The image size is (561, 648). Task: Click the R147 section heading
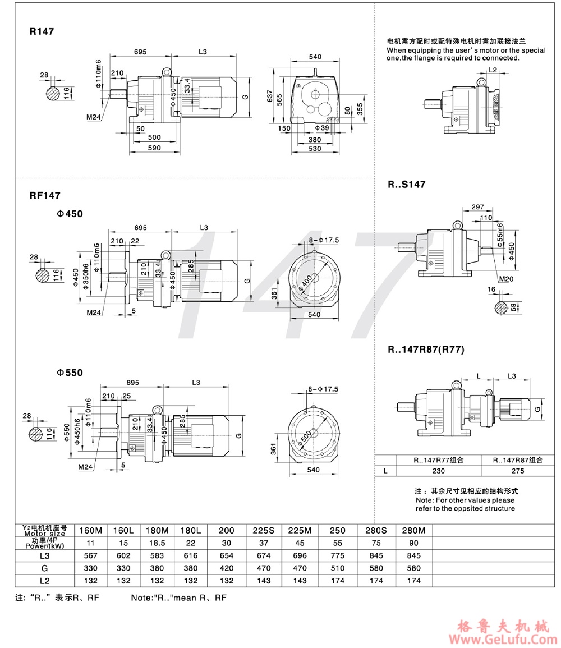coord(42,31)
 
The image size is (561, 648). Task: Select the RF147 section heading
coord(45,195)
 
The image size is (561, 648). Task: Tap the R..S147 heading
coord(406,184)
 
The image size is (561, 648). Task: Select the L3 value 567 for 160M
coord(90,555)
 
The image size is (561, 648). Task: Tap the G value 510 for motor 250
coord(339,568)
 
